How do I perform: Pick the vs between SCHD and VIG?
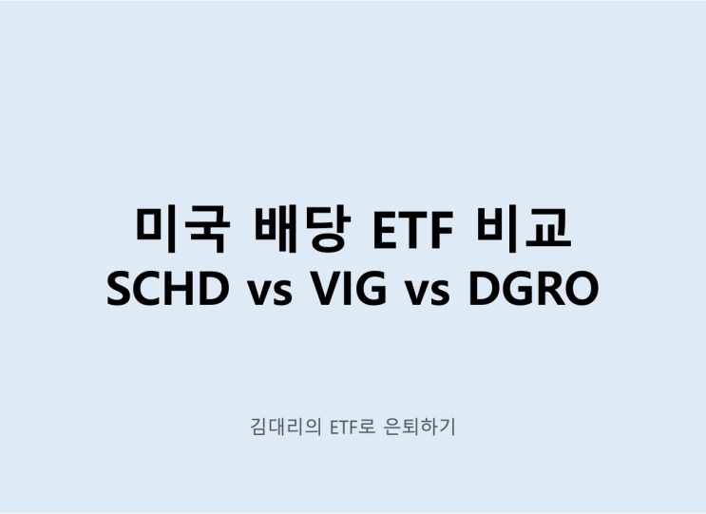268,292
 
